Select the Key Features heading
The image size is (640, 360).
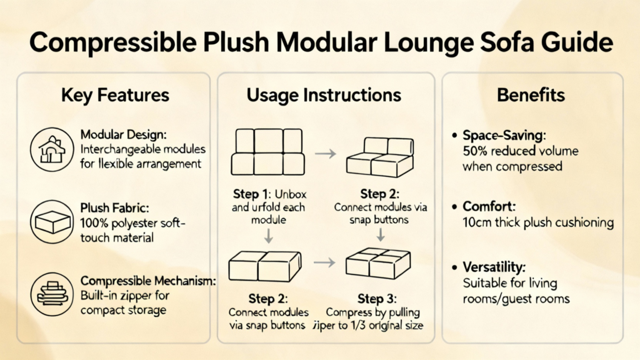click(115, 95)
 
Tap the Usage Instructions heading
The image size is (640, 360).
click(324, 95)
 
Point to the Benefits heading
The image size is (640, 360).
click(531, 95)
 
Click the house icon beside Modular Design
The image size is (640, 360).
click(52, 149)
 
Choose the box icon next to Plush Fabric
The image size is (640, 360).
click(52, 222)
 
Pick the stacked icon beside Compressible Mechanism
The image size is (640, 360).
click(52, 294)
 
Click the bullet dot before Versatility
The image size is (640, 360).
click(455, 267)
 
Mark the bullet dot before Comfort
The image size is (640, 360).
click(455, 206)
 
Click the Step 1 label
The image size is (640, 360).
click(252, 194)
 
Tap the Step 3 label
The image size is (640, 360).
click(377, 299)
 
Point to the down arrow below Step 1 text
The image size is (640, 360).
click(268, 236)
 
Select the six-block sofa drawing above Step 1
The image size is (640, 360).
click(267, 152)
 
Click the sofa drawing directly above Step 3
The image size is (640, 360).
click(378, 263)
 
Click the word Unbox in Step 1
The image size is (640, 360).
click(291, 194)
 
